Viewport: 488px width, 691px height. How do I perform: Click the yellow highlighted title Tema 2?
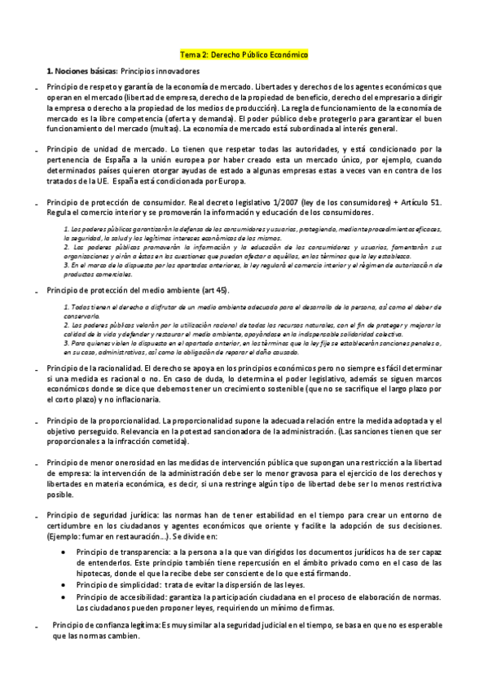244,54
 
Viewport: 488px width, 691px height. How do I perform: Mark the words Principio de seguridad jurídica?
103,515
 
